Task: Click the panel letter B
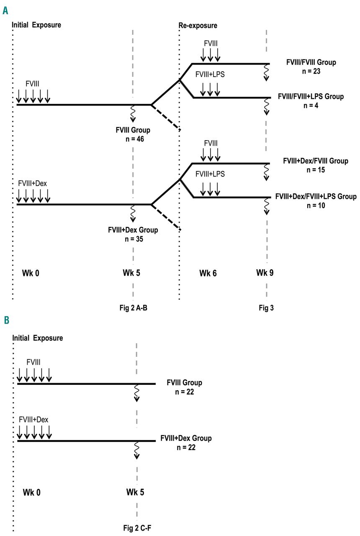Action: tap(6, 321)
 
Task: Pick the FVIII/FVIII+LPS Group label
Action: tap(311, 97)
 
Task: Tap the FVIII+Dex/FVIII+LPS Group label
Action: tap(316, 196)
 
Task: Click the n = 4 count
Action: tap(311, 106)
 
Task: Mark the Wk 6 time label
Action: tap(208, 273)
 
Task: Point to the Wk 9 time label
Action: tap(265, 273)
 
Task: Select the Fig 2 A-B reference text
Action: tap(133, 308)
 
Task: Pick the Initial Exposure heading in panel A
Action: tap(37, 25)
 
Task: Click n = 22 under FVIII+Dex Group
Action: tap(185, 447)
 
